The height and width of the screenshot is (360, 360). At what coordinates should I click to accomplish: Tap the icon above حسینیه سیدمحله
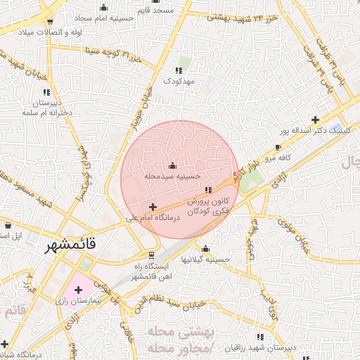tap(173, 166)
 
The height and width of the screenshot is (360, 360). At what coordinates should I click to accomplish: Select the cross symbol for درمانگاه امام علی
tap(153, 207)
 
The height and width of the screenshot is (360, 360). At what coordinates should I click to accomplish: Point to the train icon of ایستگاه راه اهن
tap(150, 255)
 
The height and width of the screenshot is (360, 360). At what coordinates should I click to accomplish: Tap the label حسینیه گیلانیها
tap(205, 259)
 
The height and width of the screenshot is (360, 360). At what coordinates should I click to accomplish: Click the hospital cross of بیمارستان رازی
tap(77, 289)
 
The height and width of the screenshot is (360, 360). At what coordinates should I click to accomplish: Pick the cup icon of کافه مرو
tap(278, 148)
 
